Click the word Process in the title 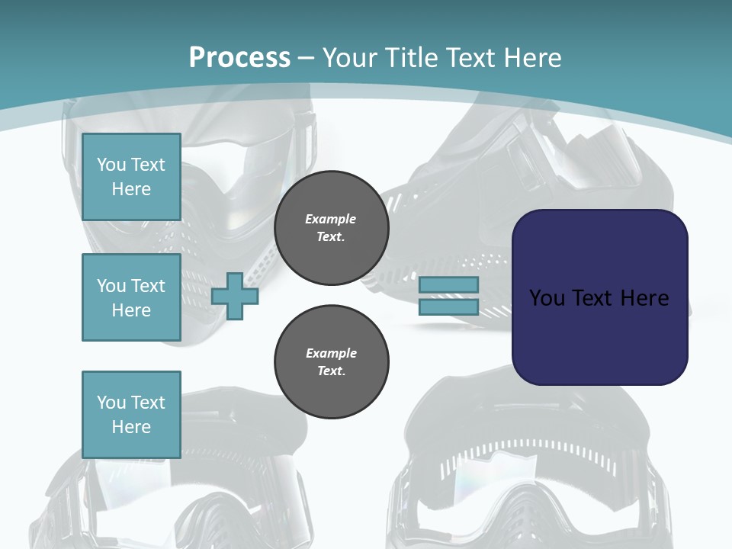(239, 58)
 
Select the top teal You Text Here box (131, 177)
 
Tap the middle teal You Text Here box (131, 297)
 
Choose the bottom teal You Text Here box (131, 414)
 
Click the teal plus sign (235, 297)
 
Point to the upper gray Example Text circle (331, 228)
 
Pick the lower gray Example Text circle (331, 362)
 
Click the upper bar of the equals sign (448, 285)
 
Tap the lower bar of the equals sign (448, 307)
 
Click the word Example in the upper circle (331, 219)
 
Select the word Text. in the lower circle (331, 371)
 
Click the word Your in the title (350, 58)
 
